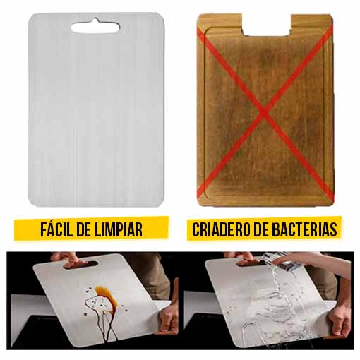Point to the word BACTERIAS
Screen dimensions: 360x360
(x=303, y=229)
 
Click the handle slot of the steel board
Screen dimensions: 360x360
(x=94, y=27)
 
